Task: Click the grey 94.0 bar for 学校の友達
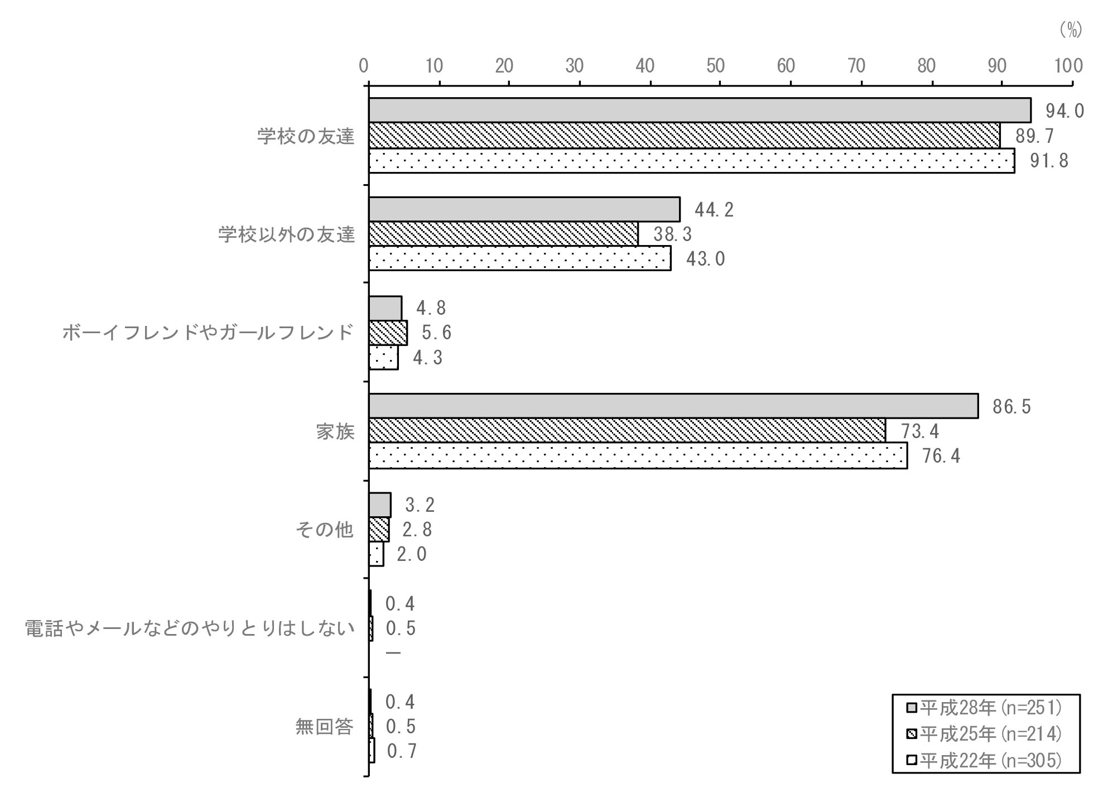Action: (700, 110)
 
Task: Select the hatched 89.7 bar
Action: (684, 135)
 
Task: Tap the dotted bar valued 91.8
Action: (692, 160)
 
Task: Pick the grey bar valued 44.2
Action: (524, 209)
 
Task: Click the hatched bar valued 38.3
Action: (503, 234)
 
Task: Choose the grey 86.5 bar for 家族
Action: (673, 406)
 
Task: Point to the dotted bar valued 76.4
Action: (638, 455)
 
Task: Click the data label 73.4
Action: (920, 431)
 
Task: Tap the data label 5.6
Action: (436, 333)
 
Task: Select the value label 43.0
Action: (705, 259)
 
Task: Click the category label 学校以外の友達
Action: (286, 234)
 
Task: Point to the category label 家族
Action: (335, 431)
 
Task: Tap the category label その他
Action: (325, 530)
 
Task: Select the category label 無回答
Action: (325, 727)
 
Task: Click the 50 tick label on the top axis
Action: (715, 66)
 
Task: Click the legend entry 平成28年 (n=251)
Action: (985, 708)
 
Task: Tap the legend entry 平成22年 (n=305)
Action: (985, 760)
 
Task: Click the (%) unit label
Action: (1071, 30)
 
